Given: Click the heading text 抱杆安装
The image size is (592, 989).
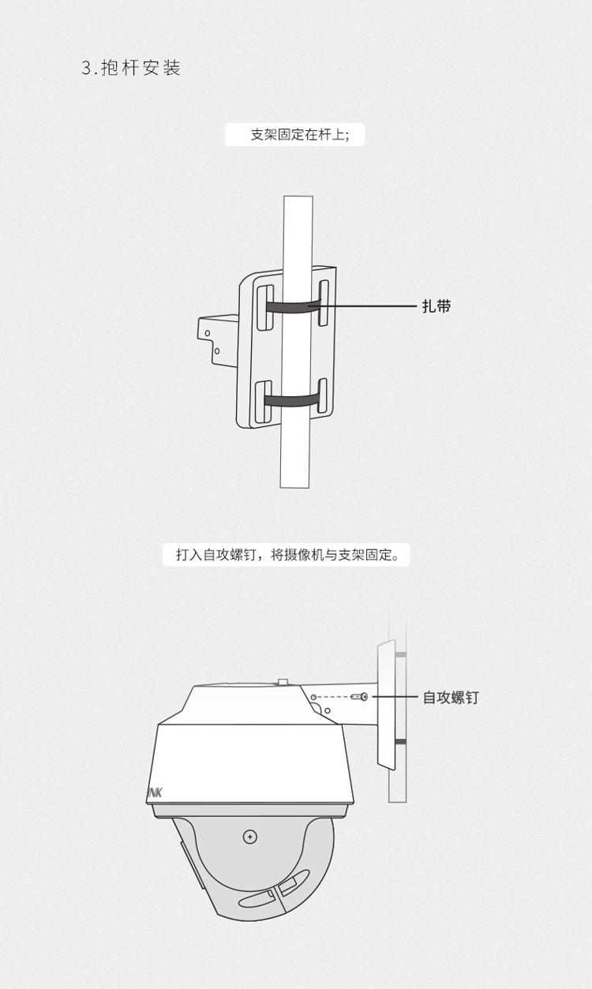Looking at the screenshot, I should click(x=142, y=69).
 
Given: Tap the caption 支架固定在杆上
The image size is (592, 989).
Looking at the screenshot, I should click(x=296, y=135).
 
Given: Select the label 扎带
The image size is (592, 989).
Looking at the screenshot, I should click(x=437, y=306).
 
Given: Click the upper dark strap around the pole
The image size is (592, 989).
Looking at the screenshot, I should click(x=292, y=306).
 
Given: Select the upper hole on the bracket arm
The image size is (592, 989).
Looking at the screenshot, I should click(x=207, y=334).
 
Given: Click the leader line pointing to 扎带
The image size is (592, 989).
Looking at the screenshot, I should click(x=371, y=306).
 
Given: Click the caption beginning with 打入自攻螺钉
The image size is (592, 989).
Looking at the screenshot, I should click(x=287, y=555).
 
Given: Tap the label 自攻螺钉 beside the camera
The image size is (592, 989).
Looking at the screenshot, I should click(x=450, y=698).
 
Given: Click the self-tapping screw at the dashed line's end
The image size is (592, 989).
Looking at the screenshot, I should click(x=362, y=697).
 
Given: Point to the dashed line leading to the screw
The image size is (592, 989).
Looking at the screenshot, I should click(x=335, y=697).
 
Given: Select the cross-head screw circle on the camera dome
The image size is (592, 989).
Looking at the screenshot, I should click(x=250, y=836).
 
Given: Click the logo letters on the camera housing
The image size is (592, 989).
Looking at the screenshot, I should click(x=154, y=792).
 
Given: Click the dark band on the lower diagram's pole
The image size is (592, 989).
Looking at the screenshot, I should click(x=400, y=742).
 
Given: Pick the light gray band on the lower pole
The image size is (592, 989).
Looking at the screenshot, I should click(x=400, y=654).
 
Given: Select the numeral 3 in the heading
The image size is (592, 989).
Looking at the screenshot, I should click(x=87, y=69).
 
